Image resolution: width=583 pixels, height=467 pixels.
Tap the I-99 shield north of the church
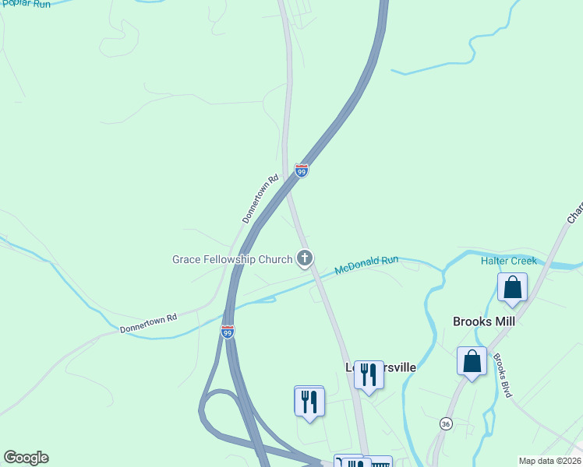302,170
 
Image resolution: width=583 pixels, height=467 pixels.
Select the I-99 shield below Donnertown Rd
228,332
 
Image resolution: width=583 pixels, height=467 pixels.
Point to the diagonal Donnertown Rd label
260,199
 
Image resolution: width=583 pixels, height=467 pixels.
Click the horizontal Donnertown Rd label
148,324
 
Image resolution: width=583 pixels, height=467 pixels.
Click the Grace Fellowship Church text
232,259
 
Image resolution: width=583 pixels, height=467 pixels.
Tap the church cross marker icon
305,258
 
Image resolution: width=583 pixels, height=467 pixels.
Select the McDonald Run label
367,265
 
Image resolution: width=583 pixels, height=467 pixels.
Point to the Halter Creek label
508,261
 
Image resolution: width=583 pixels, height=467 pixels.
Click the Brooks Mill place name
484,321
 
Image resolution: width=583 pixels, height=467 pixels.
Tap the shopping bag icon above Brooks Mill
512,286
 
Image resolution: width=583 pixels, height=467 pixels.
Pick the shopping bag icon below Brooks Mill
472,361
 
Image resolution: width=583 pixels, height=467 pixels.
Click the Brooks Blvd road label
500,376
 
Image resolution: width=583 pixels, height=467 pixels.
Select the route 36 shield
445,423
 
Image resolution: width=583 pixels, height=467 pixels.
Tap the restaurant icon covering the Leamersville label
369,374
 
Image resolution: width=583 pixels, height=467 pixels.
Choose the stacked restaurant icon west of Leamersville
309,402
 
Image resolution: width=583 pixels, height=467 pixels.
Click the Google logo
26,458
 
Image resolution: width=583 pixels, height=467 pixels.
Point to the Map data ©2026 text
549,461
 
